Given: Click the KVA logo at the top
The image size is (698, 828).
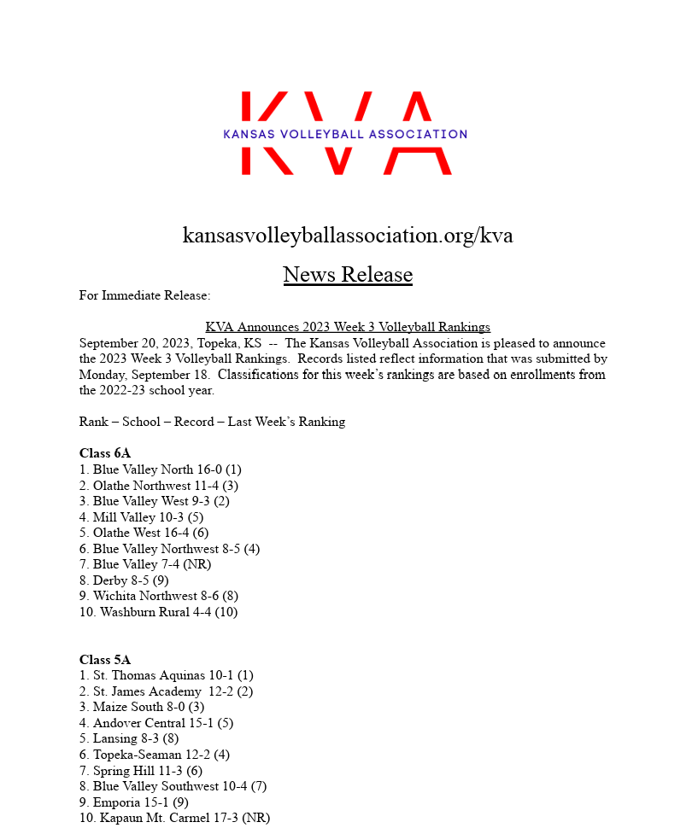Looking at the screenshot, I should pos(345,133).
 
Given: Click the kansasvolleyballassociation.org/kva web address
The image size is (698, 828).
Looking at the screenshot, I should pos(348,235).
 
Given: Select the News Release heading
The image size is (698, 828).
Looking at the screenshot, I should pos(348,275).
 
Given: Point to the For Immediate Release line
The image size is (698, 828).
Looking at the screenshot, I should pos(144,295).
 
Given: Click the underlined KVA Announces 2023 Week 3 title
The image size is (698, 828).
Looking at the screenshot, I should pos(348,327).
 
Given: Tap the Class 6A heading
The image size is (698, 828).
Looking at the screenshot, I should pos(105,453).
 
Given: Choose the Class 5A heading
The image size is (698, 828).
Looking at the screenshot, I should pos(105,660).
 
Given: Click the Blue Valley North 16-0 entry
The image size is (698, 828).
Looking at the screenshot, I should pos(161,469).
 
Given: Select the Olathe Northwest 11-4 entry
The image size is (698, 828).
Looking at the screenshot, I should pos(159,486).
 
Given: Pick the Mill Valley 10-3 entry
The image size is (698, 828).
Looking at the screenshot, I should pos(141,517).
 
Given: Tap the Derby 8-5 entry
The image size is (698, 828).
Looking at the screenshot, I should pos(124,580).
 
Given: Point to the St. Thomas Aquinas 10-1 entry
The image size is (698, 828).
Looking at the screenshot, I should pos(167,675).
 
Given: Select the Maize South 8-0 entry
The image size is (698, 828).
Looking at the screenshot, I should pos(142,707).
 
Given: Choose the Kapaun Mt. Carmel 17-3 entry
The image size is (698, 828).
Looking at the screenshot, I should pos(174,818).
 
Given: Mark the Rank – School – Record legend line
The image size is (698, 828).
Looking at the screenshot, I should pos(212,422).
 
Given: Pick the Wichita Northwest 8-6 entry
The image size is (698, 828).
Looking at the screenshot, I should pos(159,596).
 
